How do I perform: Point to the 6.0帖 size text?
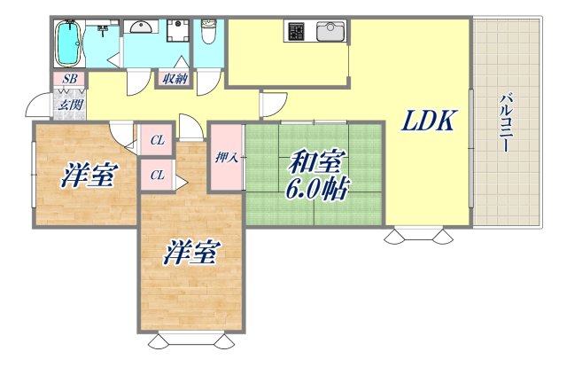click(x=315, y=191)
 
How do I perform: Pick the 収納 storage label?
click(x=175, y=79)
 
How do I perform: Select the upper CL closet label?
click(x=157, y=139)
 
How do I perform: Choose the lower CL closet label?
click(x=157, y=175)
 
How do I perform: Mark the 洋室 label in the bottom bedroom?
click(x=190, y=254)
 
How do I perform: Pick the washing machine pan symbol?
click(x=176, y=30)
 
